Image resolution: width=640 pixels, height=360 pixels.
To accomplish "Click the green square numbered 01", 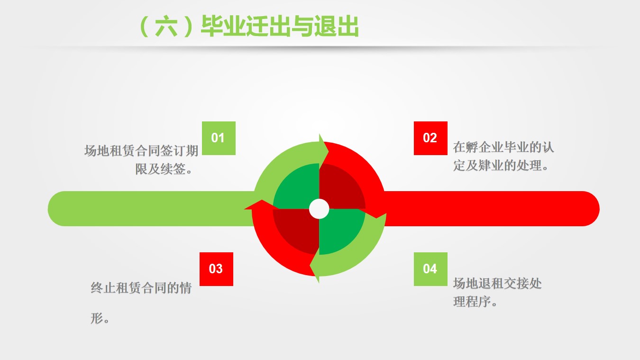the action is click(x=219, y=138).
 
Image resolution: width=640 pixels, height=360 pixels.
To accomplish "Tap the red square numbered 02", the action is click(x=430, y=138).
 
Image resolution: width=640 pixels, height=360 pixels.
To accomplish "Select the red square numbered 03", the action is click(x=216, y=269).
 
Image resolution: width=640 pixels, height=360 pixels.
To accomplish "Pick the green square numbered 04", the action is click(x=430, y=269).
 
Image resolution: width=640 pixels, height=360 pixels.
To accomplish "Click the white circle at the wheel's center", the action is click(x=319, y=209).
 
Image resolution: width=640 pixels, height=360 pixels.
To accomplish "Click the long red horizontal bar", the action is click(x=492, y=209).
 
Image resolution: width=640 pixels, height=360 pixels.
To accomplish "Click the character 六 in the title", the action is click(x=166, y=26).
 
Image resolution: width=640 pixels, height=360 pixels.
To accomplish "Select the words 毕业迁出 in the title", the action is click(x=246, y=26).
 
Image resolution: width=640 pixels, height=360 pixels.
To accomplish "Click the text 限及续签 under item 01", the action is click(x=161, y=169).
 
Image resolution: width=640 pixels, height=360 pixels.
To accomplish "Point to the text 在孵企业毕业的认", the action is click(x=503, y=147).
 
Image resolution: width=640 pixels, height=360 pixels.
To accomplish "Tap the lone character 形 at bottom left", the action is click(x=97, y=318).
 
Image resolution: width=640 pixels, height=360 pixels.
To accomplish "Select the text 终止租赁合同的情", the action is click(x=141, y=287).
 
